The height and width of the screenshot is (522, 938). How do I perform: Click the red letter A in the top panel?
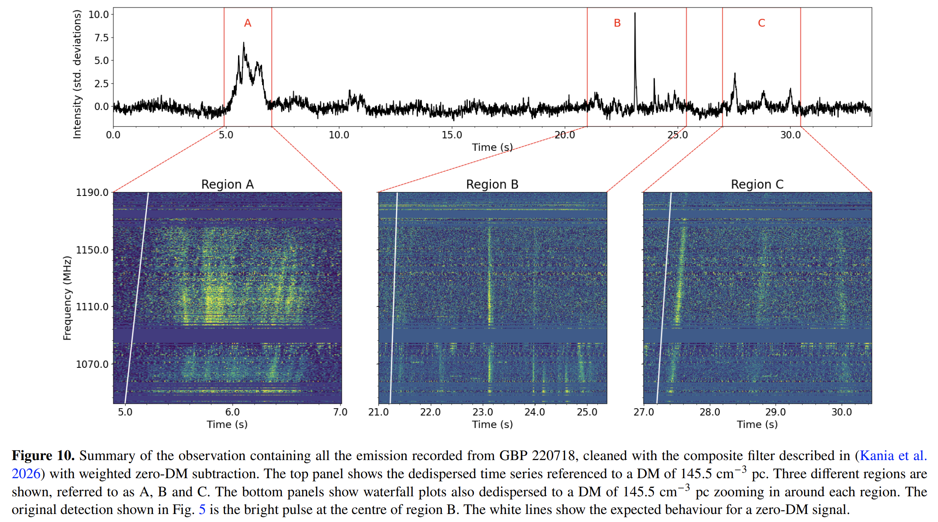(247, 23)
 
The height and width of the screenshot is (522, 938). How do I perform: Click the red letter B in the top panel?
(617, 23)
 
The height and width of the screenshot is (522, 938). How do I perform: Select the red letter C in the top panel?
(761, 23)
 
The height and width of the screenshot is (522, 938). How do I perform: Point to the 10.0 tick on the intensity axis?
(99, 14)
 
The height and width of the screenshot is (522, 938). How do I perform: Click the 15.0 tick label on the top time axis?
(452, 135)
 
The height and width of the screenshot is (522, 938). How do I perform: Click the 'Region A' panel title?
(227, 185)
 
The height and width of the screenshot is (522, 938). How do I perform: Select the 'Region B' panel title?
(492, 185)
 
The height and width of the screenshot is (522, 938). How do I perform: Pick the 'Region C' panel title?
(757, 185)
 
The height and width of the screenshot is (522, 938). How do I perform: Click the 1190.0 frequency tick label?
(92, 193)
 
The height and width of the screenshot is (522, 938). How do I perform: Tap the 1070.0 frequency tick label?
(92, 364)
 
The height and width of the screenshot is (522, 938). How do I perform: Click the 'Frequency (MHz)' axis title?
(67, 298)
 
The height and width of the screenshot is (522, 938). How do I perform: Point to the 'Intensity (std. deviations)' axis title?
(77, 75)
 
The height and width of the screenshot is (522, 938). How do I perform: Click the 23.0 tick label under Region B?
(482, 412)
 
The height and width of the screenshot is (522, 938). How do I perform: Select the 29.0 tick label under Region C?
(775, 412)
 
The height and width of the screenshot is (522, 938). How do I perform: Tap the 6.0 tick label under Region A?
(232, 412)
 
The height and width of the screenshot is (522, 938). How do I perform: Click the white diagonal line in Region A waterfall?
(137, 297)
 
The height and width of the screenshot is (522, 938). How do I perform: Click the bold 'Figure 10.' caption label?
(43, 455)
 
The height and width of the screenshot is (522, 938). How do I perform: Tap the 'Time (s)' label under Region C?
(757, 424)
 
